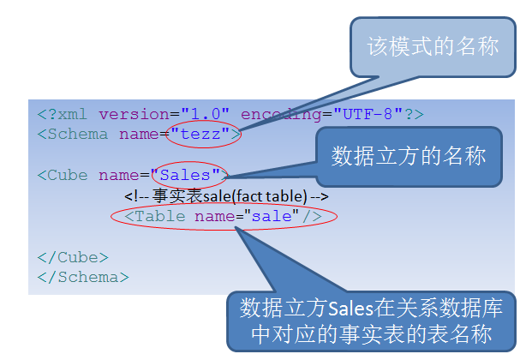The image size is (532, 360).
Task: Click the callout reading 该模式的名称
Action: coord(433,47)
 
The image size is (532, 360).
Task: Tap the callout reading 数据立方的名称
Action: coord(409,157)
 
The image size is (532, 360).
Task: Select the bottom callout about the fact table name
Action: coord(372,321)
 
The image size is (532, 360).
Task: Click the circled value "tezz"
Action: coord(200,135)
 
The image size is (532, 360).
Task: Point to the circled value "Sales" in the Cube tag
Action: coord(185,175)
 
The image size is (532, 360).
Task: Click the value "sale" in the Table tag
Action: coord(272,216)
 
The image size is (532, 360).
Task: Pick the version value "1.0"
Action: coord(206,114)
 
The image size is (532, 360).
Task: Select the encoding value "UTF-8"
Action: coord(368,114)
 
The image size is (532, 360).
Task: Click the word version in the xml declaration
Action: coord(134,115)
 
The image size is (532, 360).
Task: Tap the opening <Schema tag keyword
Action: coord(72,135)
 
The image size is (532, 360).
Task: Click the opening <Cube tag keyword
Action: coord(63,176)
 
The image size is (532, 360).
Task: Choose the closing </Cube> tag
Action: coord(73,257)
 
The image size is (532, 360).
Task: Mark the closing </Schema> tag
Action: coord(83,278)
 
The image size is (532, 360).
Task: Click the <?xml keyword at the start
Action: coord(62,115)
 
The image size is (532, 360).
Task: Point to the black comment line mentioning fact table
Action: coord(226,196)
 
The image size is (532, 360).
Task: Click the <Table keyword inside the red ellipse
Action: coord(155,216)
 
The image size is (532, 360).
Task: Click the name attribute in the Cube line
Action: coord(119,176)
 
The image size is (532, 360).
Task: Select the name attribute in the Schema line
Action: coord(139,135)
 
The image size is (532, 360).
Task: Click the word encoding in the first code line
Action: coord(281,115)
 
